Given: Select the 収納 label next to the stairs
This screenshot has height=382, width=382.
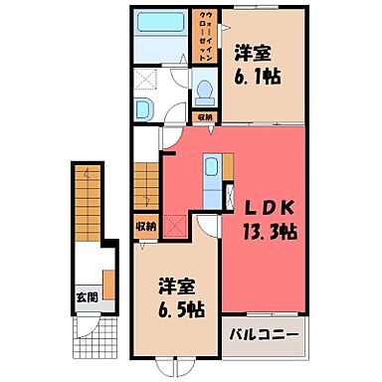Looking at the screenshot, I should (x=145, y=225).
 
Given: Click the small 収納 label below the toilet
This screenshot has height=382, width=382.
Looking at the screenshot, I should (x=203, y=117).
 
